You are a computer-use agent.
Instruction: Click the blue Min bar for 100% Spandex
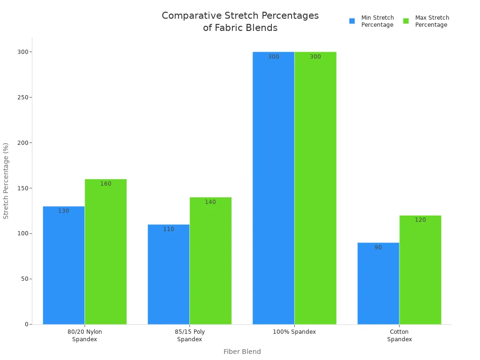point(273,188)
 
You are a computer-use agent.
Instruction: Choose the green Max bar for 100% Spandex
point(315,188)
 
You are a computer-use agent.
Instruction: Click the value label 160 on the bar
point(106,184)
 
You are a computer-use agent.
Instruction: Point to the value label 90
point(378,247)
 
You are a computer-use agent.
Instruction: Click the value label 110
point(169,229)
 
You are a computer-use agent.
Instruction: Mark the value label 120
point(420,220)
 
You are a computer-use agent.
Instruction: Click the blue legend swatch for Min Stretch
point(352,21)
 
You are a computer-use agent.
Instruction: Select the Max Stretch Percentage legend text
point(432,21)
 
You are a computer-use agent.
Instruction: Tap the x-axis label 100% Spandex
point(294,332)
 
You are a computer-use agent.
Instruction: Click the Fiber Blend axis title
point(242,352)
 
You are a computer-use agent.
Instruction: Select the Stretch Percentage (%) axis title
point(6,181)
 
